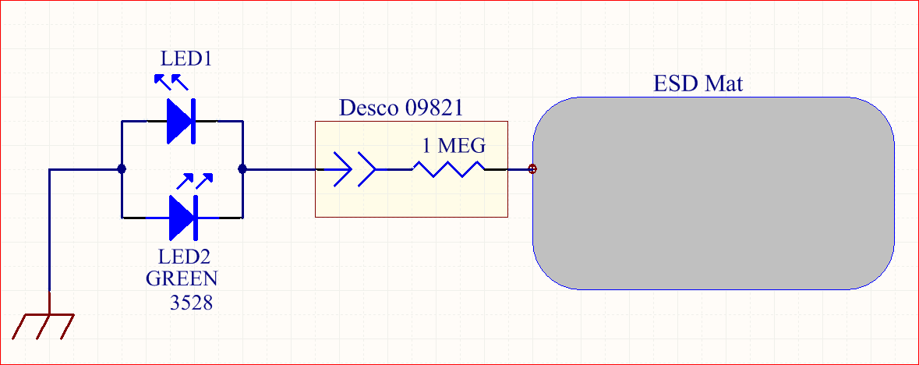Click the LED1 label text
tap(186, 58)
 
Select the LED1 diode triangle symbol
tap(181, 121)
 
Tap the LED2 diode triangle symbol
tap(183, 217)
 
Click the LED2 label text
tap(183, 257)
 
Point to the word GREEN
tap(181, 278)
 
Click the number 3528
tap(191, 302)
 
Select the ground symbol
tap(43, 326)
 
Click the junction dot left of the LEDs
tap(122, 169)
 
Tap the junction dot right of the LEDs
tap(242, 169)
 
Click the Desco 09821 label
tap(401, 108)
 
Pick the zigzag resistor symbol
tap(449, 169)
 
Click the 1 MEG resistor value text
tap(454, 145)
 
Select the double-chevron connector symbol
tap(354, 169)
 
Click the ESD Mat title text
tap(698, 83)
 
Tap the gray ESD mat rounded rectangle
tap(713, 193)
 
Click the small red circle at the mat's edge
tap(532, 169)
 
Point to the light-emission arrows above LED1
tap(171, 82)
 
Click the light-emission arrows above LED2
tap(195, 181)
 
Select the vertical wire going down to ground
tap(49, 231)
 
